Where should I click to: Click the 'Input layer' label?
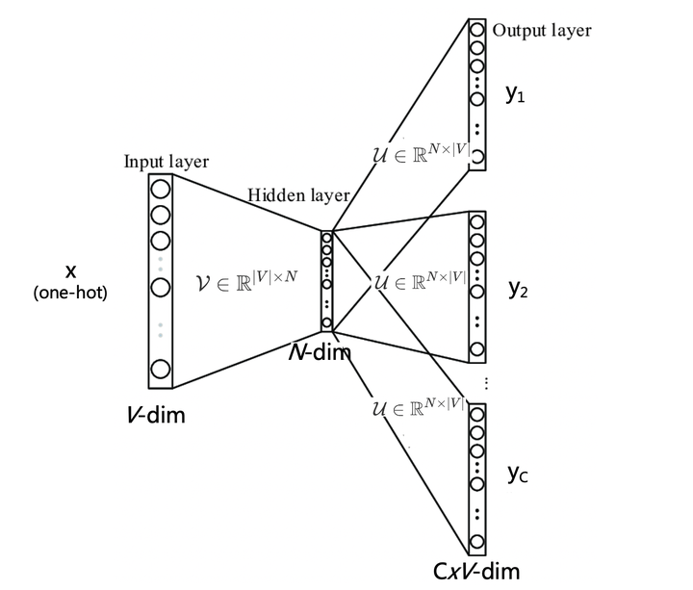click(x=166, y=161)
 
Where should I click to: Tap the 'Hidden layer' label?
click(x=298, y=195)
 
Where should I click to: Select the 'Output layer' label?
click(x=541, y=30)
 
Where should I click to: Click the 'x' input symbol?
click(x=70, y=269)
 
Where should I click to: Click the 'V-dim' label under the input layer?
click(x=157, y=416)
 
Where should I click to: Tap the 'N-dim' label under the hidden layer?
click(x=321, y=352)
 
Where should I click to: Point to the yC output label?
click(x=518, y=474)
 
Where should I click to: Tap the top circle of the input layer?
click(x=160, y=189)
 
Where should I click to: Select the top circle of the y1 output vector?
click(x=476, y=29)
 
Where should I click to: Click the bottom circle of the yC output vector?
click(x=476, y=540)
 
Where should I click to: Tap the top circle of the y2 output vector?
click(x=476, y=222)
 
